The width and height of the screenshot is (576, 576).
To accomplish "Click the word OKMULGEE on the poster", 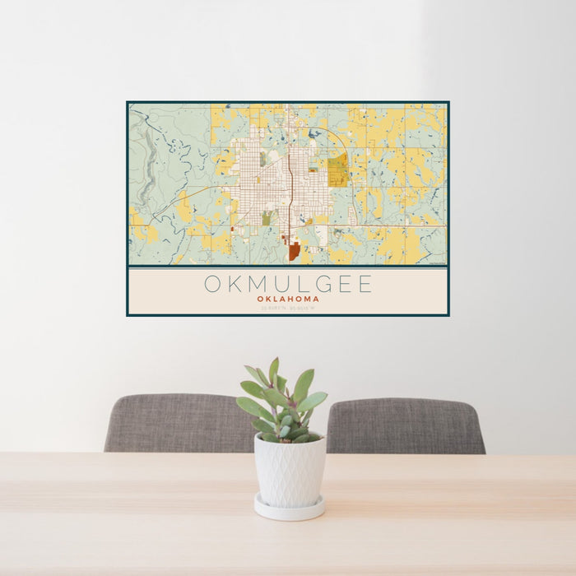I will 288,285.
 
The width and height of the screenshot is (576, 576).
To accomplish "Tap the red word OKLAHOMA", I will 288,299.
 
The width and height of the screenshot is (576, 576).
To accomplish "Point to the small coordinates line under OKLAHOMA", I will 288,307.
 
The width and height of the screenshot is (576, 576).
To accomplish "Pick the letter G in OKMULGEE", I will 320,285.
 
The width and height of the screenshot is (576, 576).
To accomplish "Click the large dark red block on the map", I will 294,250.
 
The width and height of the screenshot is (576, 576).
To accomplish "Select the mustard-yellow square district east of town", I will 337,172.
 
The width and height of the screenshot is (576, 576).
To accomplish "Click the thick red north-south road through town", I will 290,181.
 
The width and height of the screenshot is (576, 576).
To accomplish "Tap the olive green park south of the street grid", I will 267,218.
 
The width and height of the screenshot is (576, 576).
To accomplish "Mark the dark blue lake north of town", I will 315,132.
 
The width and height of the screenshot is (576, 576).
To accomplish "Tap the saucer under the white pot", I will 288,510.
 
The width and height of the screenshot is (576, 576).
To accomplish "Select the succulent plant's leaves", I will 281,399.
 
